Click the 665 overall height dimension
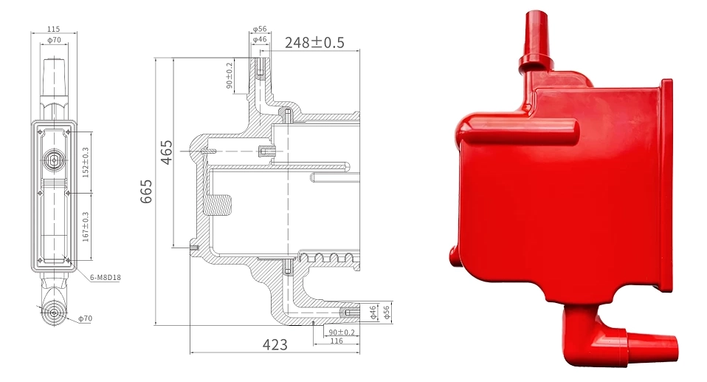146,191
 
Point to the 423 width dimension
274,344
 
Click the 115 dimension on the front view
54,29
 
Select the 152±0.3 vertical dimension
85,162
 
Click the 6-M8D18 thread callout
104,277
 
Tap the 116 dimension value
336,341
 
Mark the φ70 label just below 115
54,39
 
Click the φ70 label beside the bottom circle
87,318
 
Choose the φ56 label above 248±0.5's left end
260,30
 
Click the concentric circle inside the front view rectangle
54,159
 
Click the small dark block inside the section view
221,203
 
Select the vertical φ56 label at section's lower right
386,313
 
